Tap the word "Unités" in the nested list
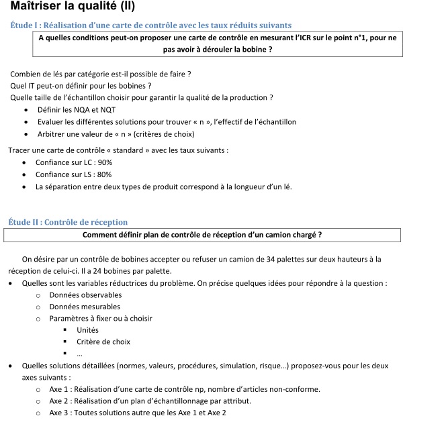[x=87, y=330]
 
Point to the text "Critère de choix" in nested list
[x=103, y=341]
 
